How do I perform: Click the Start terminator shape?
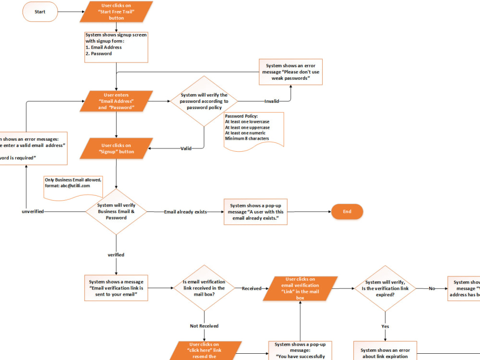[40, 12]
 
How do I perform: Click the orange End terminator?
[347, 211]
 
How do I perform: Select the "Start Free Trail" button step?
[116, 12]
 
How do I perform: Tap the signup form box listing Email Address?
[116, 47]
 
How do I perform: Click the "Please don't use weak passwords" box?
[290, 72]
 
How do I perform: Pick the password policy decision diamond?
[204, 101]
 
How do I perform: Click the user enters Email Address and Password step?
[116, 101]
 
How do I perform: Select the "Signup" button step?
[116, 148]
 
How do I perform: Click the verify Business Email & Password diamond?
[116, 211]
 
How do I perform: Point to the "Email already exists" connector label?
[185, 212]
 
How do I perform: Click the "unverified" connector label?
[33, 212]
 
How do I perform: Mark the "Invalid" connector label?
[272, 101]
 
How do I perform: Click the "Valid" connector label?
[186, 148]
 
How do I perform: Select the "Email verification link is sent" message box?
[116, 288]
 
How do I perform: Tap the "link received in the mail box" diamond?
[204, 288]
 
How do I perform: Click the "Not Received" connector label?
[204, 326]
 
